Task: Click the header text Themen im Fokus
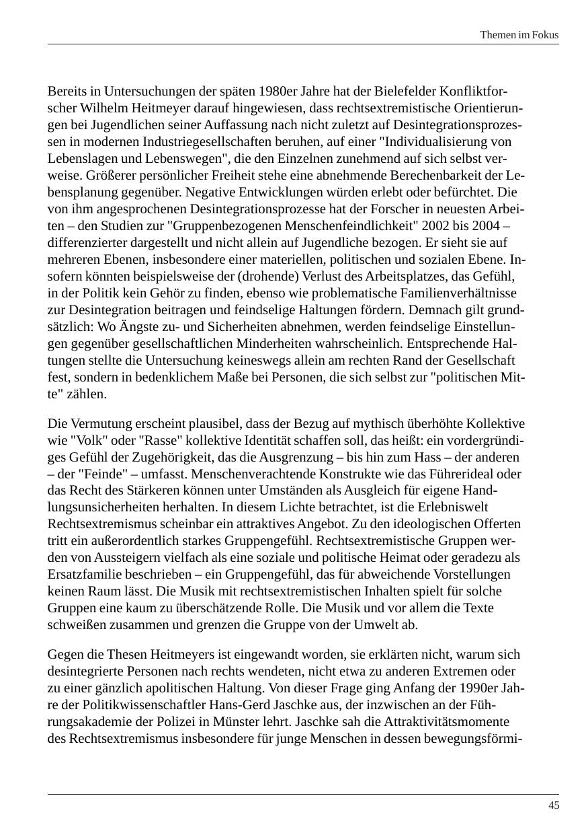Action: click(519, 35)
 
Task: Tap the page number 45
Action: click(554, 805)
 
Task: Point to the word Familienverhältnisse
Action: click(459, 293)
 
